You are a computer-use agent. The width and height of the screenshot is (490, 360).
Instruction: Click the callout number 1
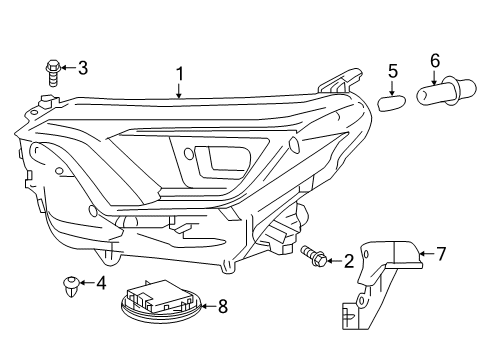coord(180,74)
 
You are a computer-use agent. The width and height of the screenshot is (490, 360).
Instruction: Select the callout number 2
coord(348,261)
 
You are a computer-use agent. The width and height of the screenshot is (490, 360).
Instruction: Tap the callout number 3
coord(83,68)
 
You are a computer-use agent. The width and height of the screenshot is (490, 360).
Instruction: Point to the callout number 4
coord(101,283)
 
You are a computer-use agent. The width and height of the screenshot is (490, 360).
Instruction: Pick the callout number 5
coord(393,71)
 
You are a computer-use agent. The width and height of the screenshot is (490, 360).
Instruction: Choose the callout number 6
coord(434,63)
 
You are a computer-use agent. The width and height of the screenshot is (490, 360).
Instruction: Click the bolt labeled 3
coord(52,71)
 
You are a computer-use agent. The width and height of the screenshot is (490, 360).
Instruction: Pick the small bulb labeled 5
coord(393,98)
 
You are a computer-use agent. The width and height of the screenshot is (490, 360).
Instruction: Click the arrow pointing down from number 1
coord(180,92)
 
